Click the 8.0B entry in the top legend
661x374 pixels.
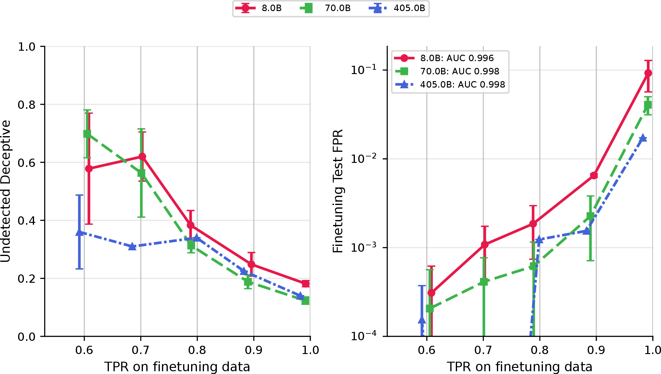(x=258, y=8)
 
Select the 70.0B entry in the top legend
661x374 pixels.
(x=325, y=8)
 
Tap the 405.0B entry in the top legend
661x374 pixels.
(x=397, y=8)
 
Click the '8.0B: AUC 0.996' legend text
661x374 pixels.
(x=457, y=58)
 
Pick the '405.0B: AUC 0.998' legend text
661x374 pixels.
(x=463, y=85)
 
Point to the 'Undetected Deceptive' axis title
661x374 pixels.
(x=6, y=191)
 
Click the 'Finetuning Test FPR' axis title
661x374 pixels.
(x=338, y=191)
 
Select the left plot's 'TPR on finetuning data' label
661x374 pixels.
(x=177, y=367)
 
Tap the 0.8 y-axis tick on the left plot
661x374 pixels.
(x=27, y=105)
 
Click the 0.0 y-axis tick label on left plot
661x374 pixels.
(x=27, y=337)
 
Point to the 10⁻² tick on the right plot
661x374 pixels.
(x=364, y=158)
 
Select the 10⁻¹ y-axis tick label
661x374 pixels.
(x=364, y=69)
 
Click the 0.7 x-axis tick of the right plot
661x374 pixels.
(x=483, y=350)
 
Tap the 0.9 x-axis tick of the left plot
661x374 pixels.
(x=254, y=350)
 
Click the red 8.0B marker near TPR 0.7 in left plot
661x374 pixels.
(x=142, y=156)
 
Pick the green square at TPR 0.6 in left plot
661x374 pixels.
(x=87, y=134)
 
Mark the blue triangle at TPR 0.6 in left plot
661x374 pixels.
(x=79, y=232)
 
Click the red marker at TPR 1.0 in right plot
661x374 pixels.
(x=648, y=73)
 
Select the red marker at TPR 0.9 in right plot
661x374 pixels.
(x=594, y=175)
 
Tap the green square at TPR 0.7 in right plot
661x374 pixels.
(x=484, y=281)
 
